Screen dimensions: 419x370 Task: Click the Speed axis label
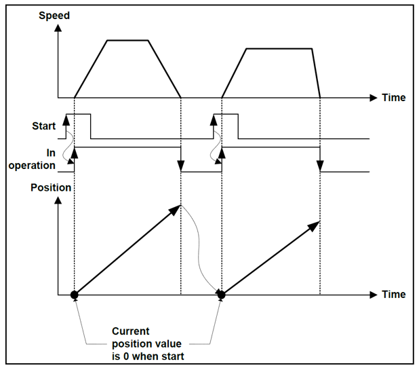point(54,16)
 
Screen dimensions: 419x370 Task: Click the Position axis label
point(51,187)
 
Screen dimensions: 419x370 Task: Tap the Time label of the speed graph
point(394,98)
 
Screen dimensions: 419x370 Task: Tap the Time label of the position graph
point(394,294)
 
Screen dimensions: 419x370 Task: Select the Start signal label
point(44,126)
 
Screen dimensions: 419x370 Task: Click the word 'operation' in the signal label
point(32,166)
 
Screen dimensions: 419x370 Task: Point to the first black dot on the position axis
point(75,295)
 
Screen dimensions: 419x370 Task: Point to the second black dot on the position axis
point(222,295)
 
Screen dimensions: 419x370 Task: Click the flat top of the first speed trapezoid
point(127,41)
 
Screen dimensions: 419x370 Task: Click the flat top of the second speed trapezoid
point(279,49)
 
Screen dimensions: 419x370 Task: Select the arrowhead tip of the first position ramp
point(180,205)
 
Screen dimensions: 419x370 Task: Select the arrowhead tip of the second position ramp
point(319,221)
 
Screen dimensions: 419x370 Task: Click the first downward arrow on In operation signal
point(181,160)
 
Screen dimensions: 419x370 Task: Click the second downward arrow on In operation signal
point(320,160)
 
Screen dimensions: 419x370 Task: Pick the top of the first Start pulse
point(78,114)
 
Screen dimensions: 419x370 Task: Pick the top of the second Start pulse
point(226,114)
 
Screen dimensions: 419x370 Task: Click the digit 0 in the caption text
point(126,356)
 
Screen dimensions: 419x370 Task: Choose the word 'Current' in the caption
point(131,331)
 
